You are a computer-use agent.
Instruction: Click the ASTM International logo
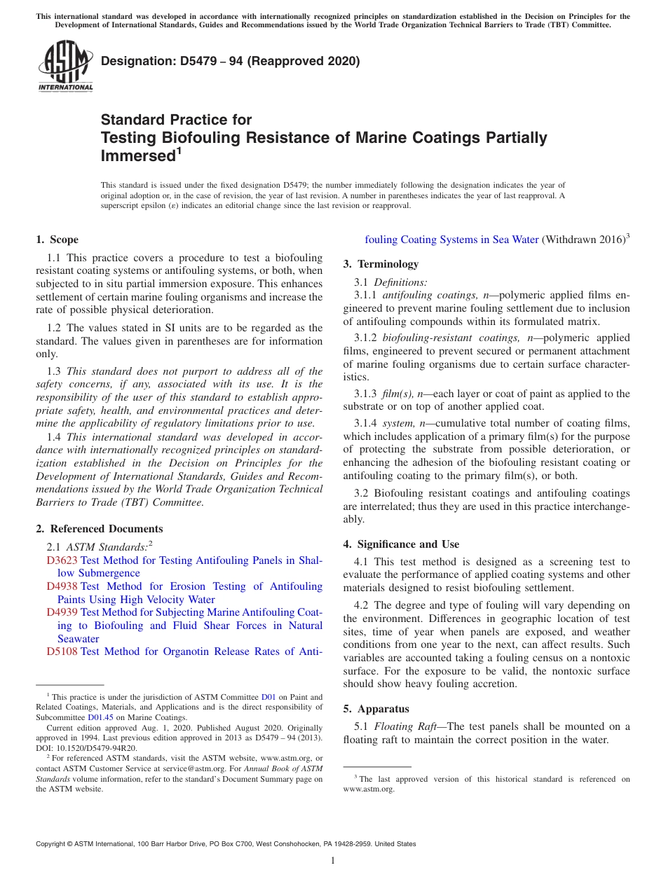tap(64, 67)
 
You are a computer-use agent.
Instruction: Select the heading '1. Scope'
tap(57, 240)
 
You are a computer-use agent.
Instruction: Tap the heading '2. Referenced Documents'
tap(99, 529)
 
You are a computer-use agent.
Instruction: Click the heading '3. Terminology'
tap(381, 264)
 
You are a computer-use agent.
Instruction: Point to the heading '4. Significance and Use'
tap(401, 544)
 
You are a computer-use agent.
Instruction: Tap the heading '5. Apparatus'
tap(376, 709)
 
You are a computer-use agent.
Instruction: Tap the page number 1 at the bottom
tap(333, 860)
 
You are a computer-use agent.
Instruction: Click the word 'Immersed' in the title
tap(137, 156)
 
